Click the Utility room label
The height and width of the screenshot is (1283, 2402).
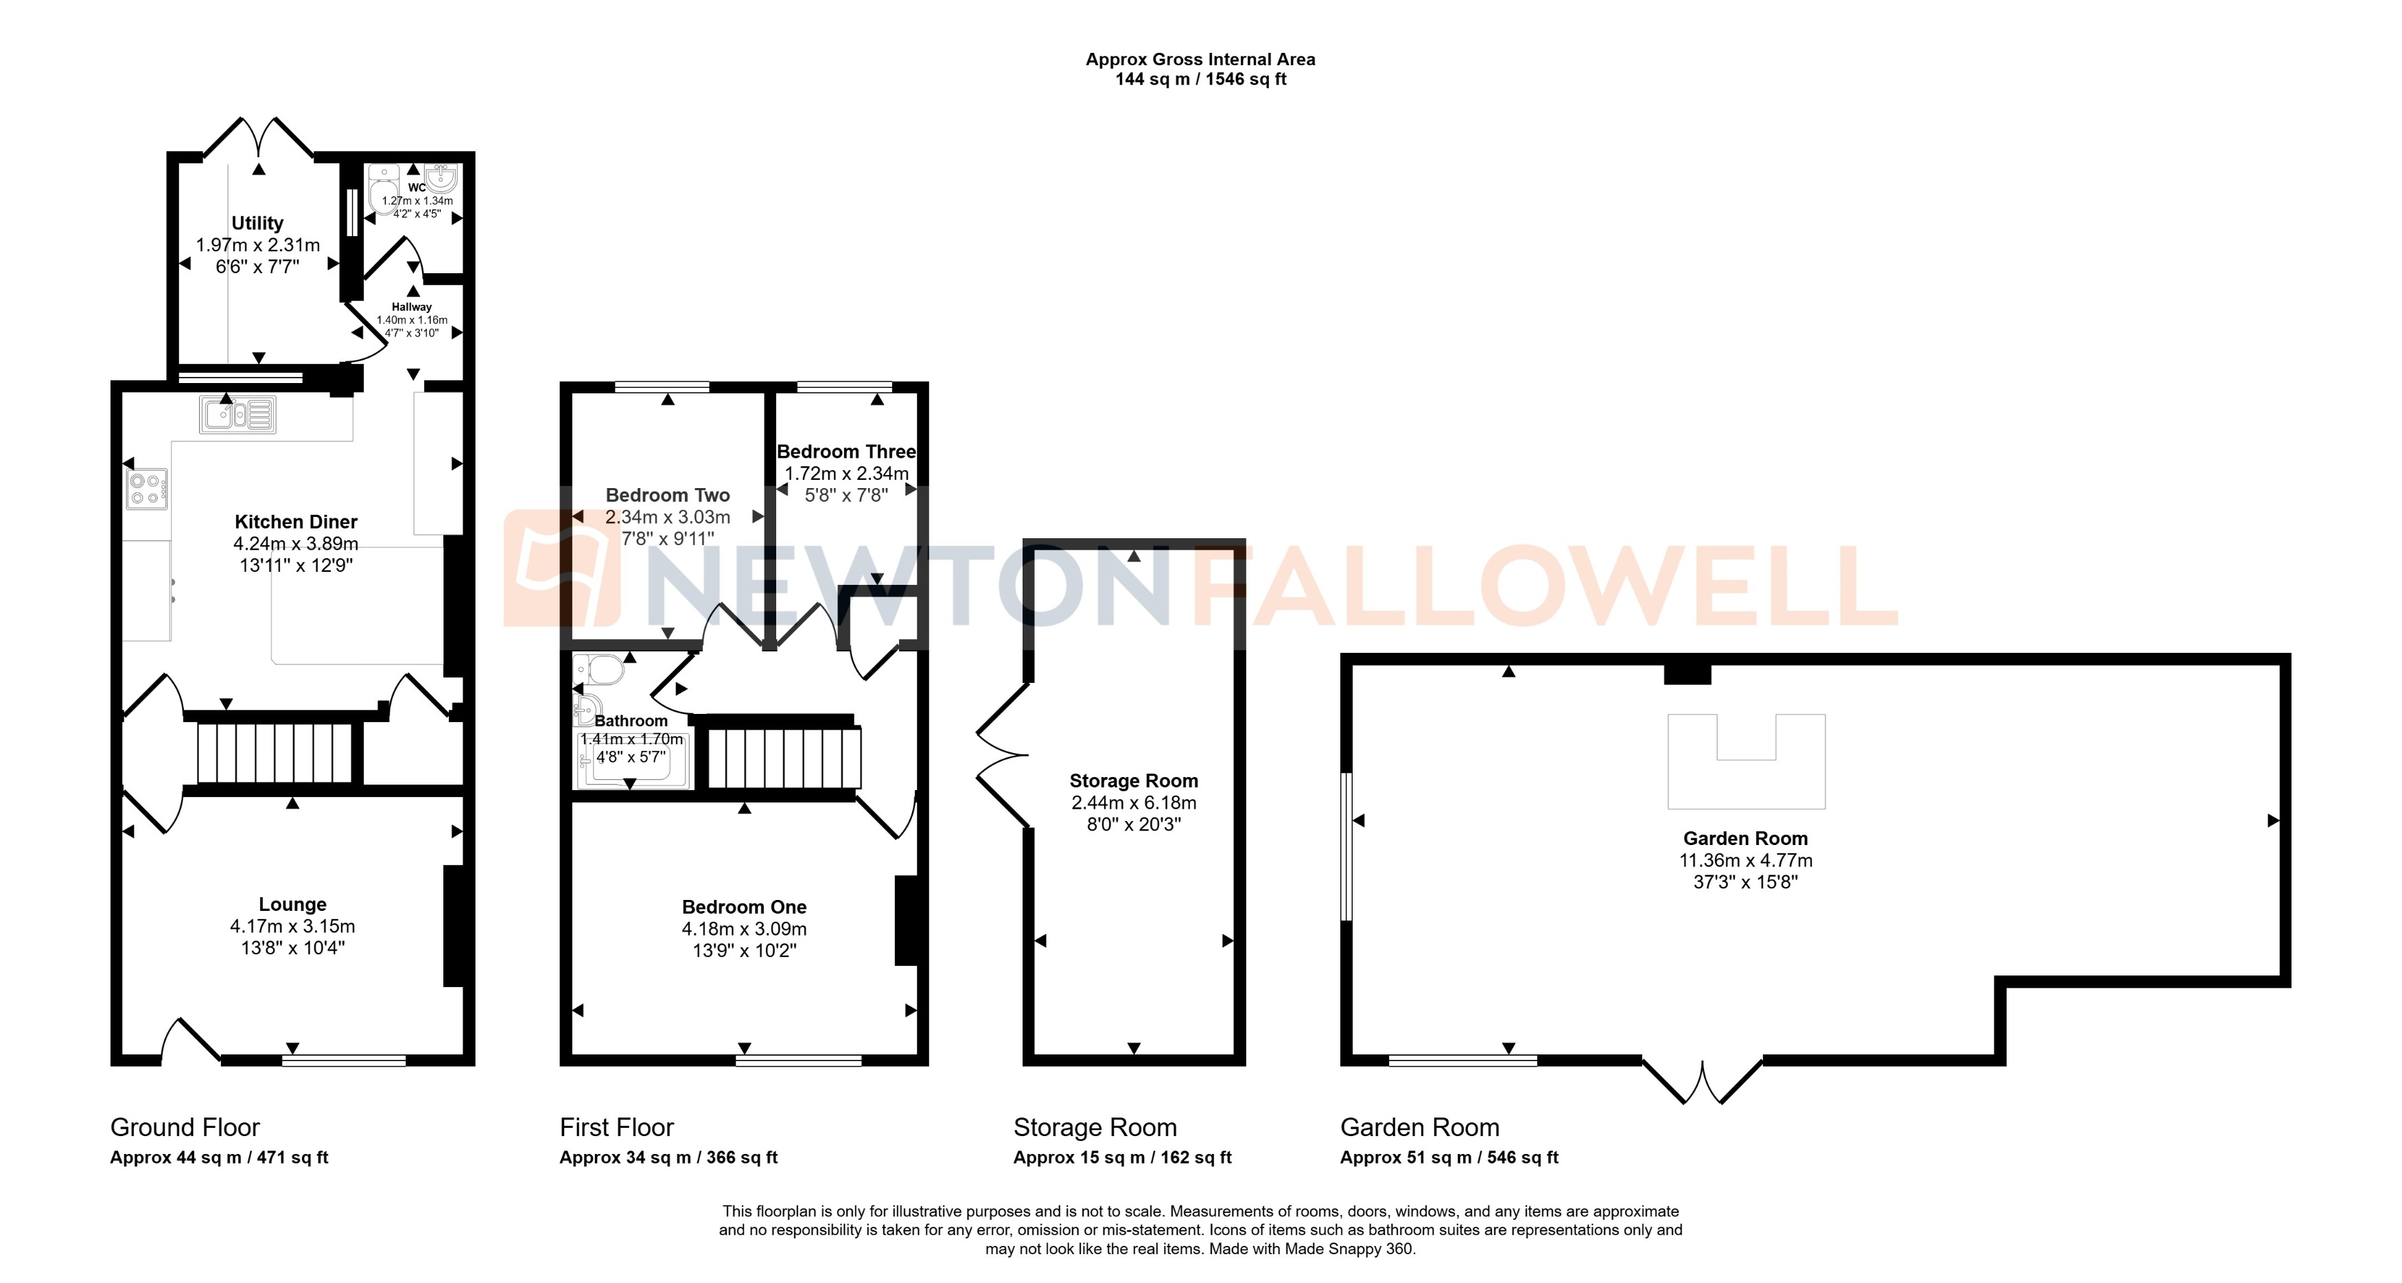pyautogui.click(x=257, y=223)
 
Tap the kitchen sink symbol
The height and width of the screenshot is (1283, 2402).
pyautogui.click(x=237, y=414)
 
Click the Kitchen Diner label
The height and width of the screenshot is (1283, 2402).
pyautogui.click(x=296, y=522)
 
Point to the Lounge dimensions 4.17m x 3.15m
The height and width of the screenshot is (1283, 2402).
pyautogui.click(x=293, y=927)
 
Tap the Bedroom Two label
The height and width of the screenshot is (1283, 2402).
pyautogui.click(x=668, y=495)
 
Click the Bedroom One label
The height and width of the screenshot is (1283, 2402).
pyautogui.click(x=744, y=908)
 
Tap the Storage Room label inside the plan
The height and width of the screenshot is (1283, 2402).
pyautogui.click(x=1133, y=781)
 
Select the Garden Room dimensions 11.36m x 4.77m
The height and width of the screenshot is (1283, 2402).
pyautogui.click(x=1745, y=861)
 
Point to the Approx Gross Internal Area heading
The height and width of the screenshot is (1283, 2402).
pyautogui.click(x=1200, y=60)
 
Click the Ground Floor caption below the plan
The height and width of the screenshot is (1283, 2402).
pyautogui.click(x=185, y=1127)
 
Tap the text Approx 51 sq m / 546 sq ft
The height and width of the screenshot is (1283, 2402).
pyautogui.click(x=1449, y=1158)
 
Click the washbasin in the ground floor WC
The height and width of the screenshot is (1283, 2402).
pyautogui.click(x=439, y=177)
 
